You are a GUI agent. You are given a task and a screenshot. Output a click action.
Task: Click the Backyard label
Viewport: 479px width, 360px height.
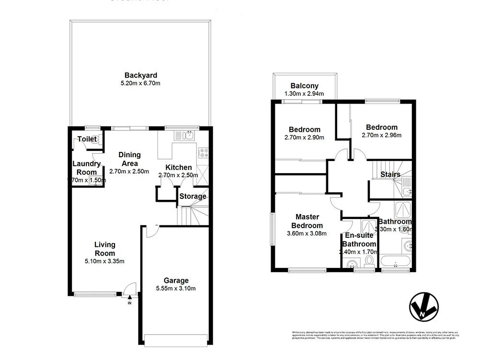tap(141, 75)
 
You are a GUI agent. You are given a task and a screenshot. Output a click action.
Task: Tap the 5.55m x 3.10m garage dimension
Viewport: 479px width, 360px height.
tap(176, 289)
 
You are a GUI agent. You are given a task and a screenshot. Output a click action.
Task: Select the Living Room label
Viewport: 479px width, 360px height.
tap(104, 249)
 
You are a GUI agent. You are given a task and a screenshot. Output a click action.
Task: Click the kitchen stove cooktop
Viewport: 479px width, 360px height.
tap(203, 153)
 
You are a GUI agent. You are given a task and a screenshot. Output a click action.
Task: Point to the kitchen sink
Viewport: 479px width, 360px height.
tap(188, 136)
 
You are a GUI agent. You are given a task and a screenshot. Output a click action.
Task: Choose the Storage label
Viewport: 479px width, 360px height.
tap(193, 196)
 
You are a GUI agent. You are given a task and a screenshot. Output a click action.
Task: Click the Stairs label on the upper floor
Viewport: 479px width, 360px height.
tap(390, 174)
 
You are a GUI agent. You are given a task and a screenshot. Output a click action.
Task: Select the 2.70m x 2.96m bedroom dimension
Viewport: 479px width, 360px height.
tap(381, 135)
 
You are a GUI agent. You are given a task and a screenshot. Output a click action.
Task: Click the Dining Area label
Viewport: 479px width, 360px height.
tap(129, 159)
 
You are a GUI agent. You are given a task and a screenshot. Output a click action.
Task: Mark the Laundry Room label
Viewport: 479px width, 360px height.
tap(87, 168)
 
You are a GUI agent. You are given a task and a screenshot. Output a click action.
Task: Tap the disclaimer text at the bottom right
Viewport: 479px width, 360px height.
tap(375, 335)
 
